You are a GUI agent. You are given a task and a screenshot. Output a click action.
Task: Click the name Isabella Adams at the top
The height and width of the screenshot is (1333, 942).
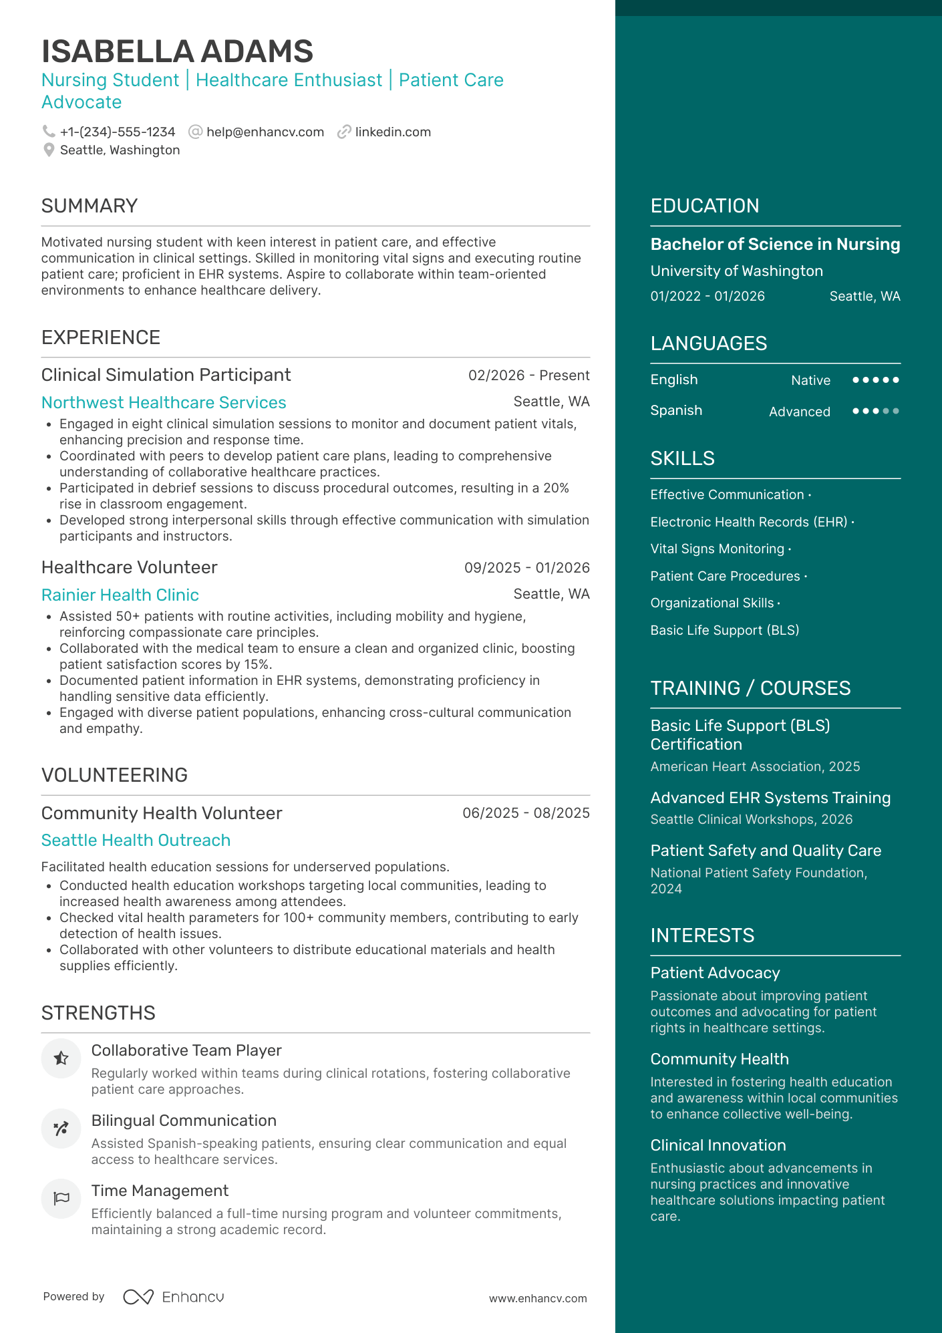coord(177,51)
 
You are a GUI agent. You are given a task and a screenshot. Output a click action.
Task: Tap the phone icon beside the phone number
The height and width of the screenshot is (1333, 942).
coord(49,132)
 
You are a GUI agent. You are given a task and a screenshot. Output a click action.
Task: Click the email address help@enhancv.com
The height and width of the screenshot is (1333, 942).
coord(265,132)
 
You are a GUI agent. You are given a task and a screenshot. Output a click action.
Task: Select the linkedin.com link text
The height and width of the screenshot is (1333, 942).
coord(393,132)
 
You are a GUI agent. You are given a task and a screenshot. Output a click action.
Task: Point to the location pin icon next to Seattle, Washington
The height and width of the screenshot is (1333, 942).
coord(49,150)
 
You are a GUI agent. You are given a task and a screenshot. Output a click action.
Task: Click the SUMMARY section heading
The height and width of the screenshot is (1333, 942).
coord(90,206)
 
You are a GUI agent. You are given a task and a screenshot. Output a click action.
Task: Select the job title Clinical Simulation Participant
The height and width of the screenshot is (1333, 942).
coord(166,375)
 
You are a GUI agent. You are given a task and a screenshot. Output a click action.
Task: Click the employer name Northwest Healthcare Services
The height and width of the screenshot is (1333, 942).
coord(164,403)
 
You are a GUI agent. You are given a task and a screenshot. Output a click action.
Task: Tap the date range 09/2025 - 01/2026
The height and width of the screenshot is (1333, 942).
coord(526,568)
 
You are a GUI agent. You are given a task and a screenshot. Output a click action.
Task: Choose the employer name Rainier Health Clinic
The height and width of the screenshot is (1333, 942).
coord(120,595)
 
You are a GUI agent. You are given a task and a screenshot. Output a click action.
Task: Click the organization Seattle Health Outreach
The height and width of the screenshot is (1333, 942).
coord(136,841)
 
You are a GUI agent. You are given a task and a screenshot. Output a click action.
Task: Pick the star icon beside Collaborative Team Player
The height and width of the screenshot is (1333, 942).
coord(61,1058)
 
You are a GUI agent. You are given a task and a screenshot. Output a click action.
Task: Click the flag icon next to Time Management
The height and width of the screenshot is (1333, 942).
coord(61,1198)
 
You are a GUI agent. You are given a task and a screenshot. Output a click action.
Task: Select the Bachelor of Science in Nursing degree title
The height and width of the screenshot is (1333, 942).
coord(775,245)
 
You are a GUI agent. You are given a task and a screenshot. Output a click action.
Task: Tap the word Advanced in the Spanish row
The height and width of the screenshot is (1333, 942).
coord(799,412)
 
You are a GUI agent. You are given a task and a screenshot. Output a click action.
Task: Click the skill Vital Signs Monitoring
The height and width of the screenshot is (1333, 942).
coord(717,549)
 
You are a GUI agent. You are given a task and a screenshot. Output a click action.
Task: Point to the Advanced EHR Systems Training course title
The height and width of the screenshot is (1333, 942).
coord(770,798)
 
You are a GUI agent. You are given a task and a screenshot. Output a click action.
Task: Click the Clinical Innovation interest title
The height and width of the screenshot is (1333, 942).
coord(718,1145)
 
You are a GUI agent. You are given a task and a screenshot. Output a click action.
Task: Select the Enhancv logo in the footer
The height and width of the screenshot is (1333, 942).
coord(174,1297)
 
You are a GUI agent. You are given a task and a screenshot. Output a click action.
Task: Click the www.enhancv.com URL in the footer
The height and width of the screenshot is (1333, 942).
coord(538,1299)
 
